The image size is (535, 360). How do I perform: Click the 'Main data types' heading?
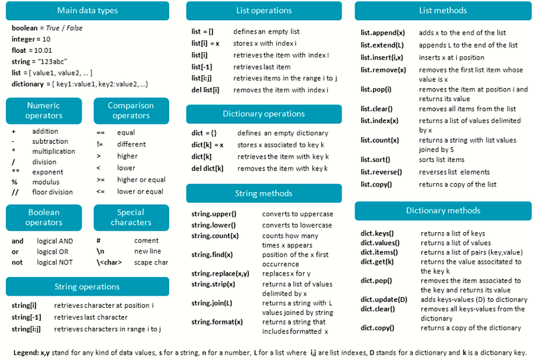click(88, 11)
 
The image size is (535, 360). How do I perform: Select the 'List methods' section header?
click(443, 11)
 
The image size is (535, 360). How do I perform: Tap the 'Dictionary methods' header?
click(443, 211)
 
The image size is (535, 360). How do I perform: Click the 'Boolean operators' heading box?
click(44, 217)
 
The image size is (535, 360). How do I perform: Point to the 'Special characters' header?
click(131, 217)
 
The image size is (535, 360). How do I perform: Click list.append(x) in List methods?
click(383, 33)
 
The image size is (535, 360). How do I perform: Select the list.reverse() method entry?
click(381, 172)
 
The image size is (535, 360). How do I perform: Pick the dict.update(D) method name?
click(384, 299)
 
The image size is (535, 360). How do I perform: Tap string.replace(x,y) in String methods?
click(220, 274)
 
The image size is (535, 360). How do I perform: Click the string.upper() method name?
click(213, 214)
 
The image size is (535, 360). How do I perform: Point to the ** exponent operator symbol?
click(14, 172)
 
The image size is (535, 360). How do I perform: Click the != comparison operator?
click(100, 145)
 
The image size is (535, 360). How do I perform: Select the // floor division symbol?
click(14, 192)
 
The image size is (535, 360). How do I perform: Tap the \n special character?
click(100, 252)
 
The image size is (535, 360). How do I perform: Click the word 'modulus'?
click(45, 182)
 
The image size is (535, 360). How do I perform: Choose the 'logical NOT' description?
click(55, 262)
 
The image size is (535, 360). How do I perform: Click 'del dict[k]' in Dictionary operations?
click(207, 169)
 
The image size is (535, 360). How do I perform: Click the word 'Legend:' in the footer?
click(26, 353)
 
